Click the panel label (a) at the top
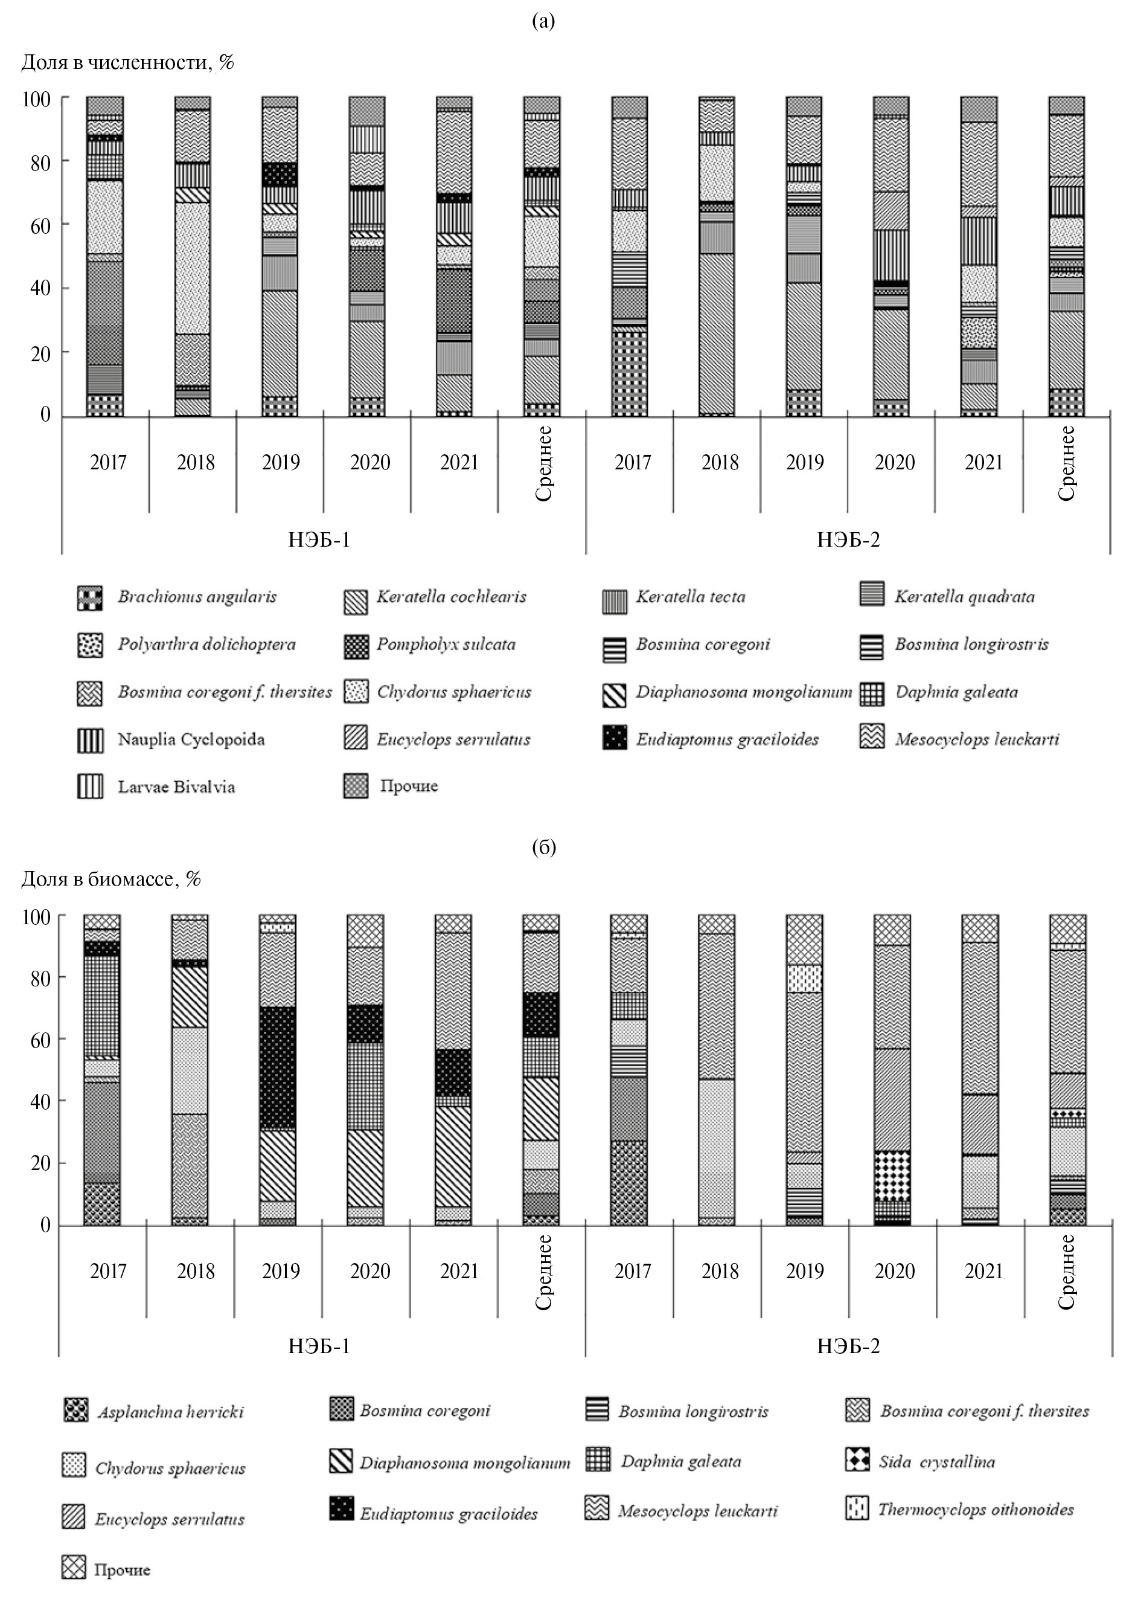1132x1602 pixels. point(543,22)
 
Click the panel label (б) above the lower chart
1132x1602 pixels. point(543,847)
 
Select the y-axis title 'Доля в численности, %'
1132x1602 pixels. point(127,63)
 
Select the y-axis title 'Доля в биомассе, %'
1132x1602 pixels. point(111,879)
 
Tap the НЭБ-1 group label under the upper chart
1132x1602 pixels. point(319,539)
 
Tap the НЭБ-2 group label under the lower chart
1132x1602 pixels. point(848,1345)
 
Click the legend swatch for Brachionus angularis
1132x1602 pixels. point(90,598)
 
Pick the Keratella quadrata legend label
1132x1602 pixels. point(965,597)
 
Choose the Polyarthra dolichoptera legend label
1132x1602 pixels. point(206,644)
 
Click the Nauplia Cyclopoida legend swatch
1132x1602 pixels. point(90,741)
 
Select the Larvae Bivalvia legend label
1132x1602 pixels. point(176,787)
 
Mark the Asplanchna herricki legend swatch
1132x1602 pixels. point(75,1410)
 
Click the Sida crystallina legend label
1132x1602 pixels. point(937,1462)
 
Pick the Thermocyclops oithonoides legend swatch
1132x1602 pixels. point(857,1508)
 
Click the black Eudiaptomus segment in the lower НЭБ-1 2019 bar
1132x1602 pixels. point(278,1067)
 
